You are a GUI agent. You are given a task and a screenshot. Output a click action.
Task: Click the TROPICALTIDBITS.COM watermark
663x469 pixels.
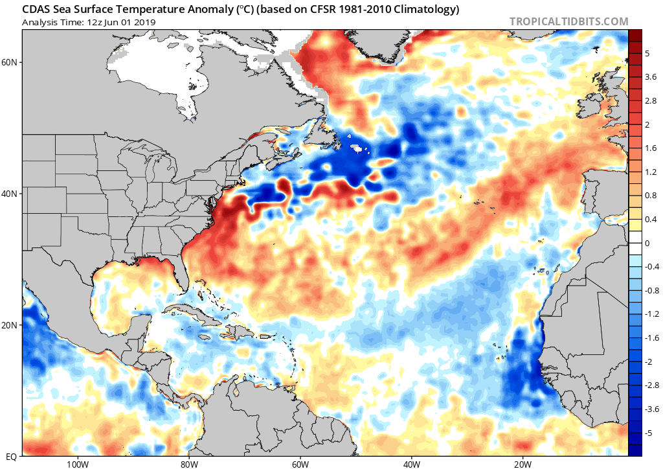(568, 21)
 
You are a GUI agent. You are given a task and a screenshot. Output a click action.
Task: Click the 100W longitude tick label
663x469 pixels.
(76, 463)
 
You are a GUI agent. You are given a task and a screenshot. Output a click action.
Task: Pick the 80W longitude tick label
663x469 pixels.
(188, 463)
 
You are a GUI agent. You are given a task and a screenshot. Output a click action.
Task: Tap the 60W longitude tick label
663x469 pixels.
(300, 463)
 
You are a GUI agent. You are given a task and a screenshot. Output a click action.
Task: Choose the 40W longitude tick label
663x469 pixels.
(411, 463)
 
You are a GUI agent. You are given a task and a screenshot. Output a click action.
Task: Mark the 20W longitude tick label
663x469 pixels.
(523, 463)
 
